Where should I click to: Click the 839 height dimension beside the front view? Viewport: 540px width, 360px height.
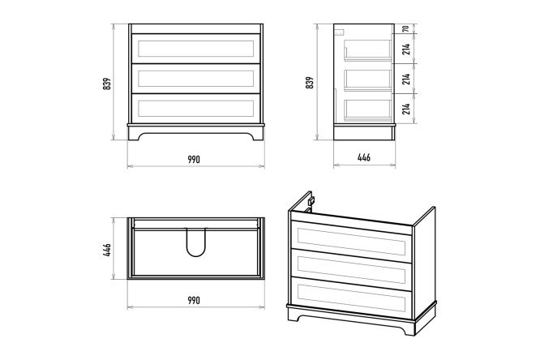point(107,84)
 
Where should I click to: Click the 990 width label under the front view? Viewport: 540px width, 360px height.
point(194,160)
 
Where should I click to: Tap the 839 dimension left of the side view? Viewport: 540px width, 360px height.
point(310,83)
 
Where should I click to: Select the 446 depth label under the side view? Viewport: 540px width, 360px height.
point(364,157)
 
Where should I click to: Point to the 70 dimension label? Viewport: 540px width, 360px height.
point(406,28)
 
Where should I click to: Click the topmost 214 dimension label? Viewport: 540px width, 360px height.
point(406,49)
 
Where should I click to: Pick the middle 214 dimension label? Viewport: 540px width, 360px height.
point(406,79)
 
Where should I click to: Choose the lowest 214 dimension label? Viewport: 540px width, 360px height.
point(406,109)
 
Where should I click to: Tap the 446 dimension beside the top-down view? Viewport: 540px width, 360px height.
point(107,250)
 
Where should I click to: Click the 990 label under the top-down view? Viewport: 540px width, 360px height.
point(194,300)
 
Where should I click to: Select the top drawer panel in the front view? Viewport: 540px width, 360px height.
point(196,49)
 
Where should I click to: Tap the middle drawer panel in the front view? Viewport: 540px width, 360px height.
point(196,79)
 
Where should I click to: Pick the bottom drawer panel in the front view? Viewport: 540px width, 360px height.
point(196,109)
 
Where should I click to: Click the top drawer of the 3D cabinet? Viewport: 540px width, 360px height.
point(352,241)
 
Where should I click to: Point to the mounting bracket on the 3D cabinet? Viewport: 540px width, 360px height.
point(311,200)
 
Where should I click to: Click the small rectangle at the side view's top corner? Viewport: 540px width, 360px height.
point(339,32)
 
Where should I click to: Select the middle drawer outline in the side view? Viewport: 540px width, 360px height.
point(368,80)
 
